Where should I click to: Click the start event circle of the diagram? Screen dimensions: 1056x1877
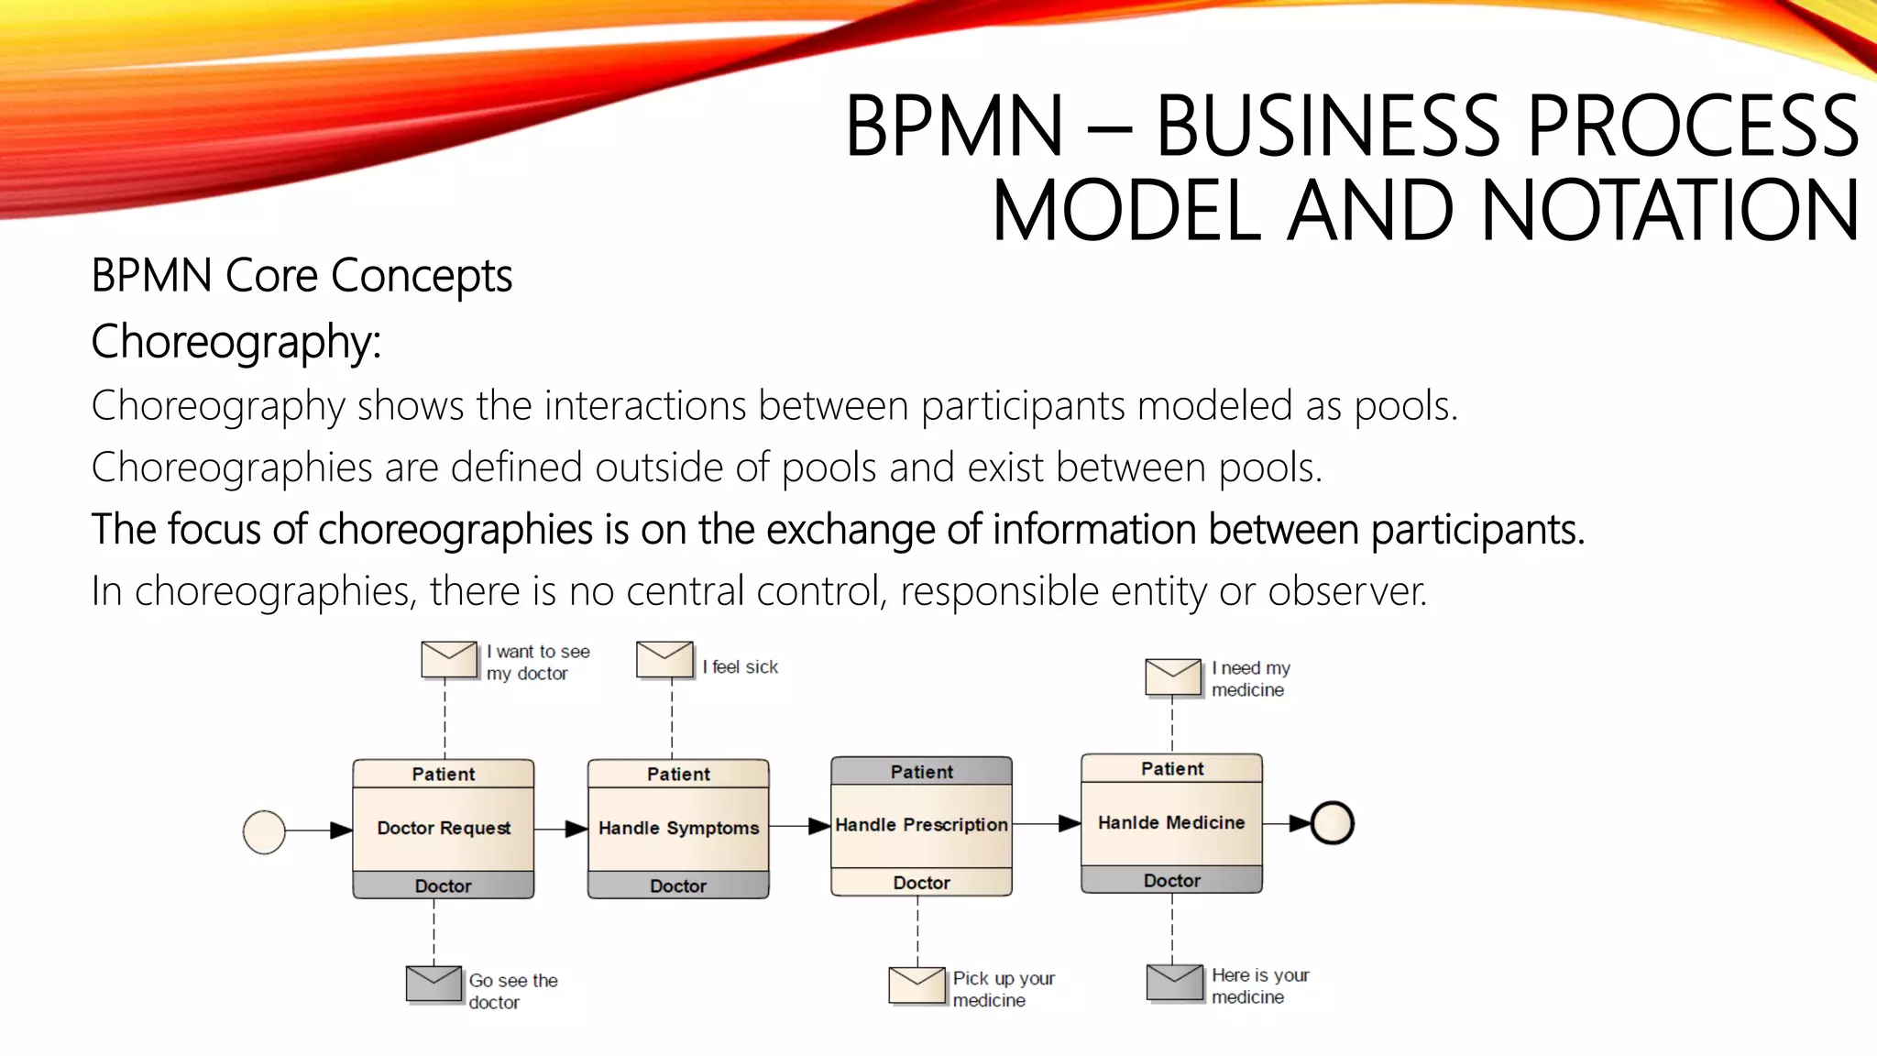click(x=264, y=832)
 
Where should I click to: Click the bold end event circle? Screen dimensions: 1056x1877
click(x=1332, y=822)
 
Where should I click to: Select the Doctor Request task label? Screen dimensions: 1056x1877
click(x=444, y=828)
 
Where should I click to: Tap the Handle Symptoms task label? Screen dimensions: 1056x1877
click(x=678, y=828)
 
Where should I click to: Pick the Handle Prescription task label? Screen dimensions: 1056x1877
click(x=921, y=825)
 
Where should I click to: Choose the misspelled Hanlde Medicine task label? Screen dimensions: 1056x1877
click(x=1171, y=822)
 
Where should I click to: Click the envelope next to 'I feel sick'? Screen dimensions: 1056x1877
click(x=664, y=659)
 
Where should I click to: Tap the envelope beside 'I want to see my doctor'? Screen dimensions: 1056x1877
click(x=449, y=659)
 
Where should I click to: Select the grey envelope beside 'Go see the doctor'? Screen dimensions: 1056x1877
click(x=434, y=984)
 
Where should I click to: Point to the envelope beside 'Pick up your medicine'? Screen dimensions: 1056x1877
click(x=917, y=984)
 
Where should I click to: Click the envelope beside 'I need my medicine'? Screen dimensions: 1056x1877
click(x=1173, y=676)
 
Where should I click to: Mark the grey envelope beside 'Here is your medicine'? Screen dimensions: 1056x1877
click(x=1174, y=982)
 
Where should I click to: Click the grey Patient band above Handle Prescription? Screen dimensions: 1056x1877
click(x=921, y=772)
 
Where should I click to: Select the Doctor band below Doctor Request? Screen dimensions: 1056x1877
click(x=444, y=885)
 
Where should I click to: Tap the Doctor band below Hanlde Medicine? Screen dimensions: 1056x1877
click(x=1171, y=880)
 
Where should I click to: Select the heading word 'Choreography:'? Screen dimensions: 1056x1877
click(x=236, y=342)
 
